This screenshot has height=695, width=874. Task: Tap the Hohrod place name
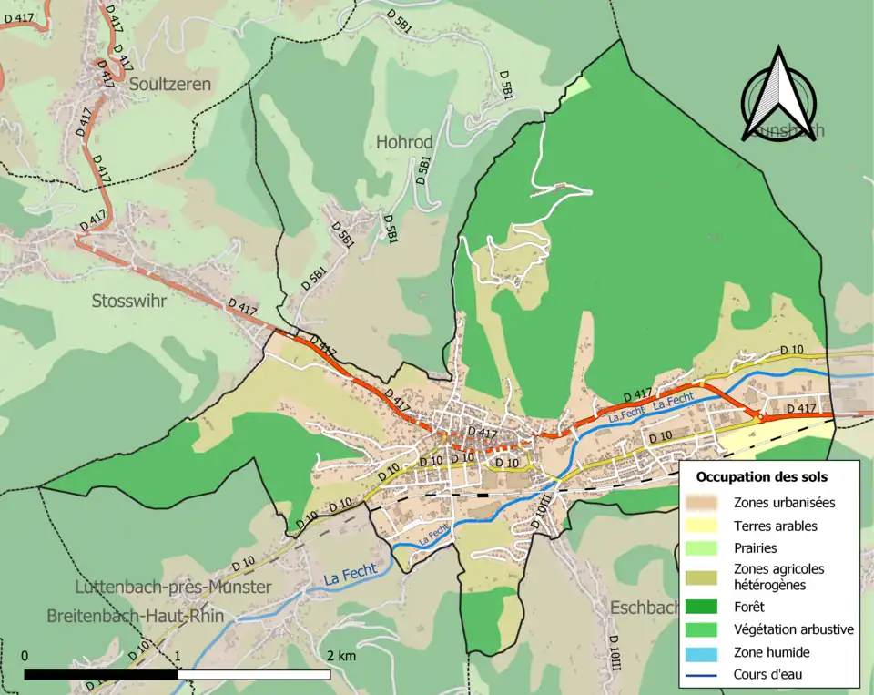click(x=404, y=143)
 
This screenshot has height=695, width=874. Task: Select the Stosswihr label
click(x=129, y=301)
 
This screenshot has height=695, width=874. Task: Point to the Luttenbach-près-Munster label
click(x=173, y=588)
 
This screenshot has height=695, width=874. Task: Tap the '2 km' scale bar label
click(x=341, y=656)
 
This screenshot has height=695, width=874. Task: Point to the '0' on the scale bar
click(x=25, y=656)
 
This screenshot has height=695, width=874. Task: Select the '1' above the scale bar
click(x=178, y=656)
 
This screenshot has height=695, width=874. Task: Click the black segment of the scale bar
click(x=100, y=675)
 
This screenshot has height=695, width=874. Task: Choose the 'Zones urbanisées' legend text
click(x=784, y=502)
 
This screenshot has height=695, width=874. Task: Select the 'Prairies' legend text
click(x=756, y=548)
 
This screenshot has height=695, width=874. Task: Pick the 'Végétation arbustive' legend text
click(x=793, y=629)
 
